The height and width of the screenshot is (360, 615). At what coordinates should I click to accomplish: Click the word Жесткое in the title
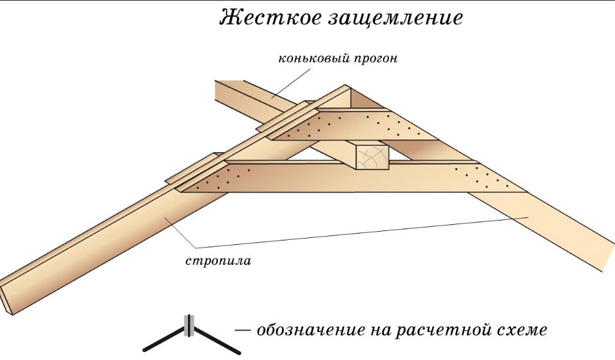[x=268, y=18]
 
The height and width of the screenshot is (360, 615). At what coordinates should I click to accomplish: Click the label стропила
[x=218, y=261]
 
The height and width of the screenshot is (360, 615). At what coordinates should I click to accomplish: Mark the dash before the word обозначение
[x=243, y=329]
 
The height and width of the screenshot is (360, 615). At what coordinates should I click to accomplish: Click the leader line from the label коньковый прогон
[x=293, y=84]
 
